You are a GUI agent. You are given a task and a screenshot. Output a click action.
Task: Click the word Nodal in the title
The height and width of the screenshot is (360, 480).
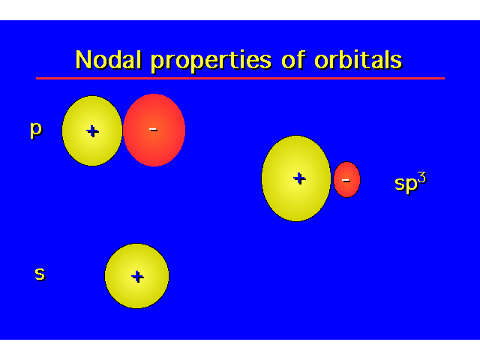[109, 59]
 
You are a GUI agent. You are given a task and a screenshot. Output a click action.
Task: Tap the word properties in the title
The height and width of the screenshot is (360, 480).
[211, 61]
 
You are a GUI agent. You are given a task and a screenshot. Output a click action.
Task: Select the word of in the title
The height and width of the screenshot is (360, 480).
[293, 59]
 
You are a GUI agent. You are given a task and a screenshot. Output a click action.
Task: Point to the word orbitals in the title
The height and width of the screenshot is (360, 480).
[358, 59]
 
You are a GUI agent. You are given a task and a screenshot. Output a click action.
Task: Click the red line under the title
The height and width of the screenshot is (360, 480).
[240, 78]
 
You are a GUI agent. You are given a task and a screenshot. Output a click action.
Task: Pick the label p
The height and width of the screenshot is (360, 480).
[36, 130]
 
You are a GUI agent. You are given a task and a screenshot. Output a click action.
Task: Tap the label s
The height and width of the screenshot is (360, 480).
[40, 273]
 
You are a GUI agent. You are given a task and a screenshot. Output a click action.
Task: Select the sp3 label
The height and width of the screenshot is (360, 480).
[410, 182]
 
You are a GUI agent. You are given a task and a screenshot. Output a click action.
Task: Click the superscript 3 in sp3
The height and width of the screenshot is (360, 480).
[421, 178]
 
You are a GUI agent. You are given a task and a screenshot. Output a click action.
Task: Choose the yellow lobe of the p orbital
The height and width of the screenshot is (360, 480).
[92, 131]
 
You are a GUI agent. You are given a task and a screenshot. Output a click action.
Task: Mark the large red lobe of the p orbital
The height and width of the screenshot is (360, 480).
[154, 130]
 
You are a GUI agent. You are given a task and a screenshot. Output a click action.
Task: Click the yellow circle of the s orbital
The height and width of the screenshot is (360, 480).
[136, 276]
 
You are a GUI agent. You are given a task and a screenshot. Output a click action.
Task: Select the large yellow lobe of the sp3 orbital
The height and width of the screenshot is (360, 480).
[296, 178]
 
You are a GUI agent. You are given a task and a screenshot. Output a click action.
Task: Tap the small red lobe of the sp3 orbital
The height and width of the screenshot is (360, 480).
[346, 180]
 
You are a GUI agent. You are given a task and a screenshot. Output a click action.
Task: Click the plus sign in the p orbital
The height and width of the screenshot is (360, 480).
[92, 131]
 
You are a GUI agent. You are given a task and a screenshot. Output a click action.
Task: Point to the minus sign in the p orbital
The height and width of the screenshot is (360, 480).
[153, 130]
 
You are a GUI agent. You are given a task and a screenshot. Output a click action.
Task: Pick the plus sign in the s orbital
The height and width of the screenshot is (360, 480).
[137, 277]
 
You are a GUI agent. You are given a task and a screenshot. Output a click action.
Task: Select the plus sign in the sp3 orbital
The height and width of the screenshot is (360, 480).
[299, 178]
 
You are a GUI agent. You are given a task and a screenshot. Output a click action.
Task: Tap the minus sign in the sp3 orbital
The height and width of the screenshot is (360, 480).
[346, 181]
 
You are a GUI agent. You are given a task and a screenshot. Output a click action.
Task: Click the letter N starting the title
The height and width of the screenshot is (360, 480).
[83, 59]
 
